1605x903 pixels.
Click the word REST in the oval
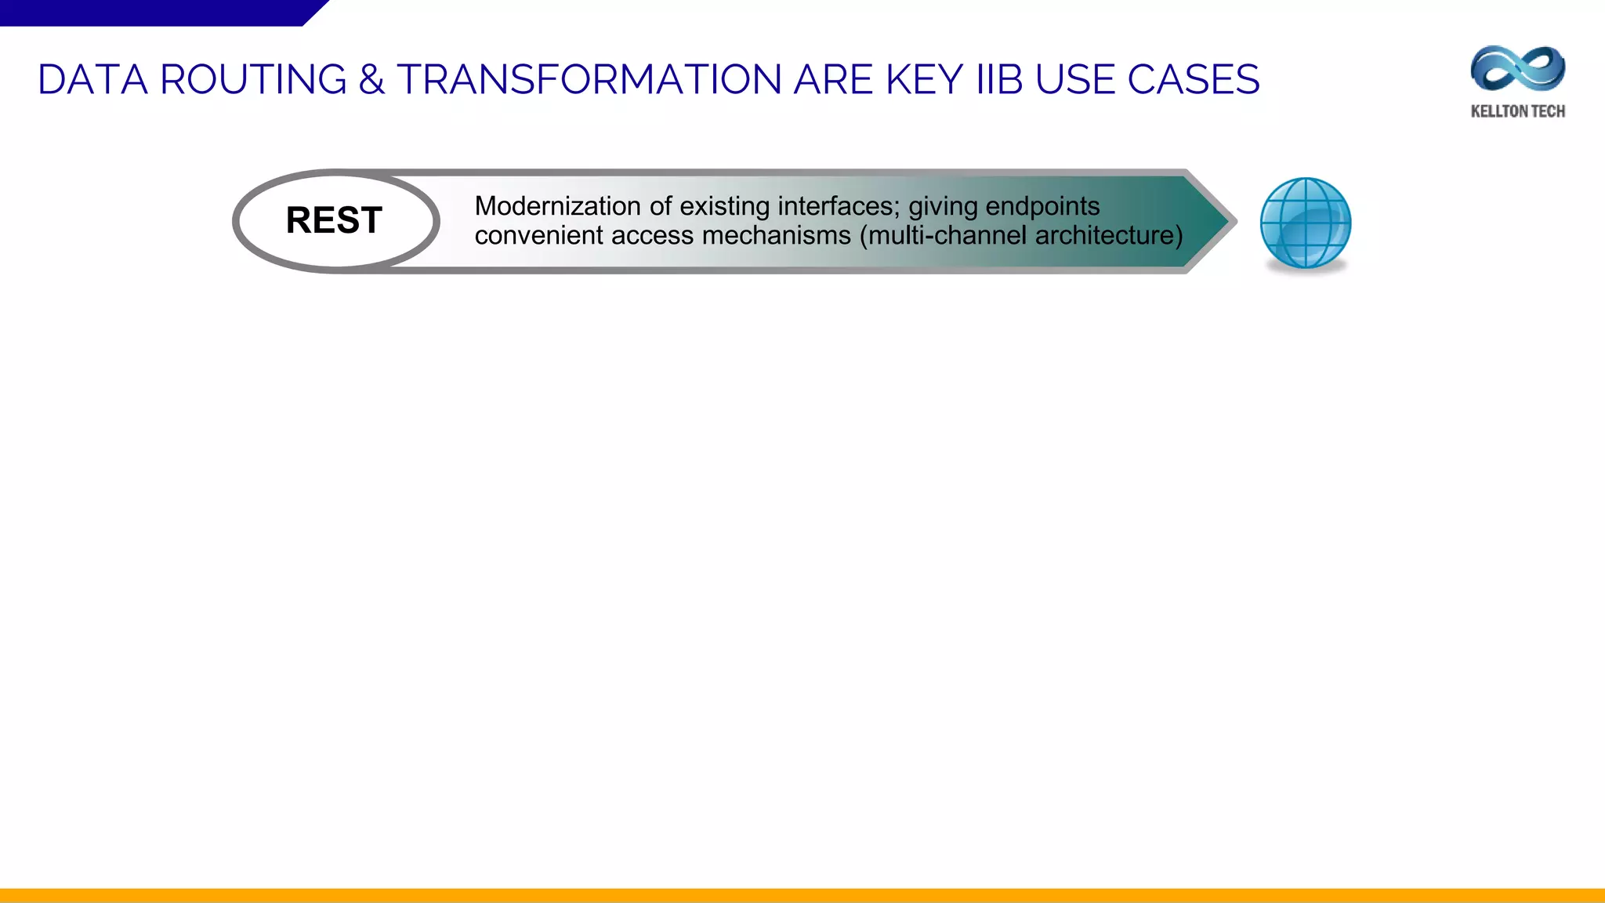click(334, 220)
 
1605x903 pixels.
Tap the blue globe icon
click(1305, 223)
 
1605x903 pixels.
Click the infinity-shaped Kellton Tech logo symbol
click(1517, 69)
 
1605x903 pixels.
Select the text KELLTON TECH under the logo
click(1517, 111)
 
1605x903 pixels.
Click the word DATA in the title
click(92, 80)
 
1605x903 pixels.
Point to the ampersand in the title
click(371, 80)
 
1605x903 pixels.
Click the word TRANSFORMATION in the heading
click(590, 80)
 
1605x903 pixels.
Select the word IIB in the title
click(1000, 80)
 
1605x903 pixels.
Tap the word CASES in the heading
click(1194, 80)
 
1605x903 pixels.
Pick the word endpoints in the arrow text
click(1042, 206)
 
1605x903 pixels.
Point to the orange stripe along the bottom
click(802, 895)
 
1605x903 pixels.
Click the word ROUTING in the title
click(253, 80)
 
